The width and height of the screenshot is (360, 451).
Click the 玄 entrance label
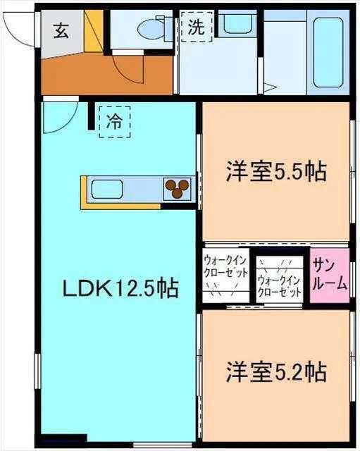click(61, 32)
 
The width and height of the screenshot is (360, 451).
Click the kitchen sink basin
click(108, 190)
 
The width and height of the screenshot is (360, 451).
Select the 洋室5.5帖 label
click(275, 172)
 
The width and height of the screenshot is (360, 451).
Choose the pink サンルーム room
click(330, 276)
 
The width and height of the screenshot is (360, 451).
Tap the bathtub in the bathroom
click(327, 49)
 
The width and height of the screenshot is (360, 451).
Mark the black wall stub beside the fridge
click(91, 117)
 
